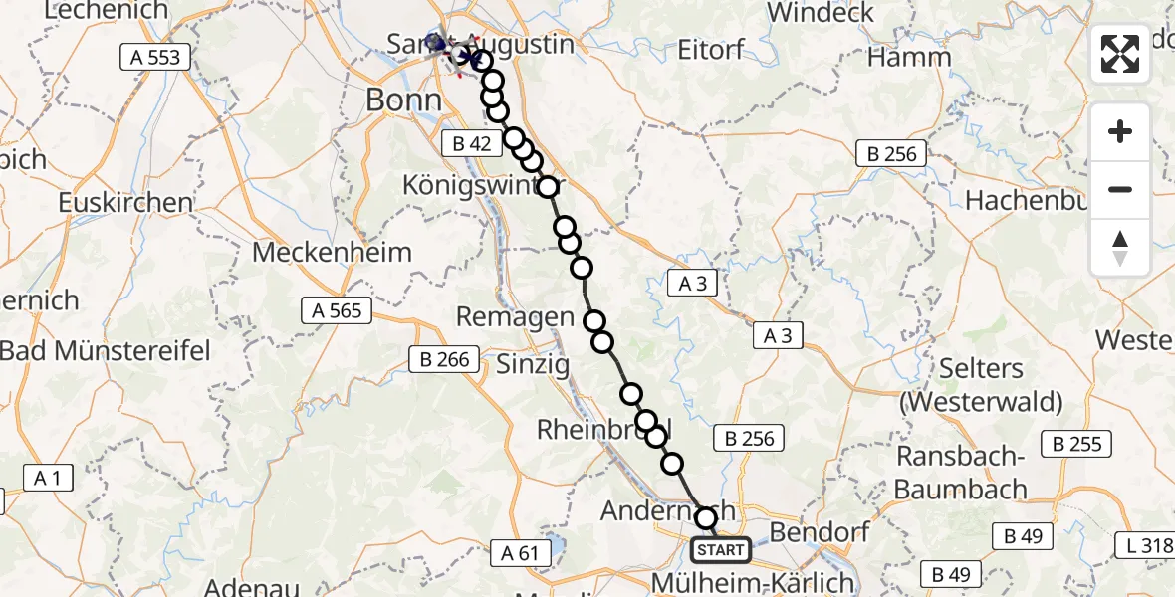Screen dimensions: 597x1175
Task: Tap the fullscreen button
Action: pyautogui.click(x=1120, y=54)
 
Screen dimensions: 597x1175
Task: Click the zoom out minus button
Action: pyautogui.click(x=1120, y=189)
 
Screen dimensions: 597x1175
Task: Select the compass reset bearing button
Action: pyautogui.click(x=1120, y=248)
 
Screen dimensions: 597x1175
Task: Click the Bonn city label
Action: pyautogui.click(x=403, y=99)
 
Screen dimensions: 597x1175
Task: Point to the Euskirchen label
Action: pyautogui.click(x=124, y=202)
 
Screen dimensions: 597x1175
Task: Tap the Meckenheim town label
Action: pyautogui.click(x=332, y=252)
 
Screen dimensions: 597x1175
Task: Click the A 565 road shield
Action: pyautogui.click(x=337, y=311)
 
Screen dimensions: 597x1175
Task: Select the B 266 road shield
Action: pyautogui.click(x=444, y=359)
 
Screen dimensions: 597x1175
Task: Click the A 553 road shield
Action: pyautogui.click(x=156, y=57)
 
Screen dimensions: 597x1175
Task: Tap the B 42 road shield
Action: pyautogui.click(x=471, y=143)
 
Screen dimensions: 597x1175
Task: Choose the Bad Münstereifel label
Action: pyautogui.click(x=105, y=350)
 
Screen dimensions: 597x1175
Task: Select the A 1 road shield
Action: pyautogui.click(x=47, y=478)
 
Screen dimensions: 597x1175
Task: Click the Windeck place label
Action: pyautogui.click(x=822, y=13)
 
